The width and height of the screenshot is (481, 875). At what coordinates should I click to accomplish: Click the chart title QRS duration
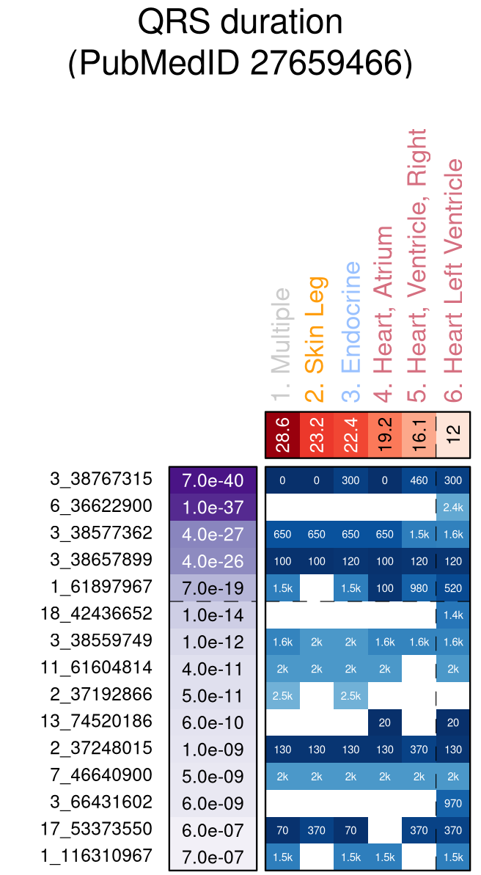240,22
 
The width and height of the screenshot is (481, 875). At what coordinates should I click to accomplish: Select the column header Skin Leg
316,339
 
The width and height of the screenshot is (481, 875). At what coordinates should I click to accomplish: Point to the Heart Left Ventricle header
454,279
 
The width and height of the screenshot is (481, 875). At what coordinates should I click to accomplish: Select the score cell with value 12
453,436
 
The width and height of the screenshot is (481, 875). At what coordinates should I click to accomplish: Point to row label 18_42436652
97,613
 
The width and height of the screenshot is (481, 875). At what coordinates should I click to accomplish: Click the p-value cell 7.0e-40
213,480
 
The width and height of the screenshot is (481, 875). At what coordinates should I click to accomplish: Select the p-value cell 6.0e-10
213,722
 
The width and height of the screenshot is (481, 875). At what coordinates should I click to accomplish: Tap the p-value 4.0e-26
213,560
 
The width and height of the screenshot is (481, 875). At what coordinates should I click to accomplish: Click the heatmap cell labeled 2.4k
453,507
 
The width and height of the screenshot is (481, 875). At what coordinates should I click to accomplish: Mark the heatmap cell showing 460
419,480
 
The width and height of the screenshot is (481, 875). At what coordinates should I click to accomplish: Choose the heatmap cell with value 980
419,587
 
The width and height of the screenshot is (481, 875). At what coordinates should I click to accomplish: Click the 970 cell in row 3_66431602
453,802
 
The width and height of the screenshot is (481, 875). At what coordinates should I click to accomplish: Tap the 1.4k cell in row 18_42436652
453,615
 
